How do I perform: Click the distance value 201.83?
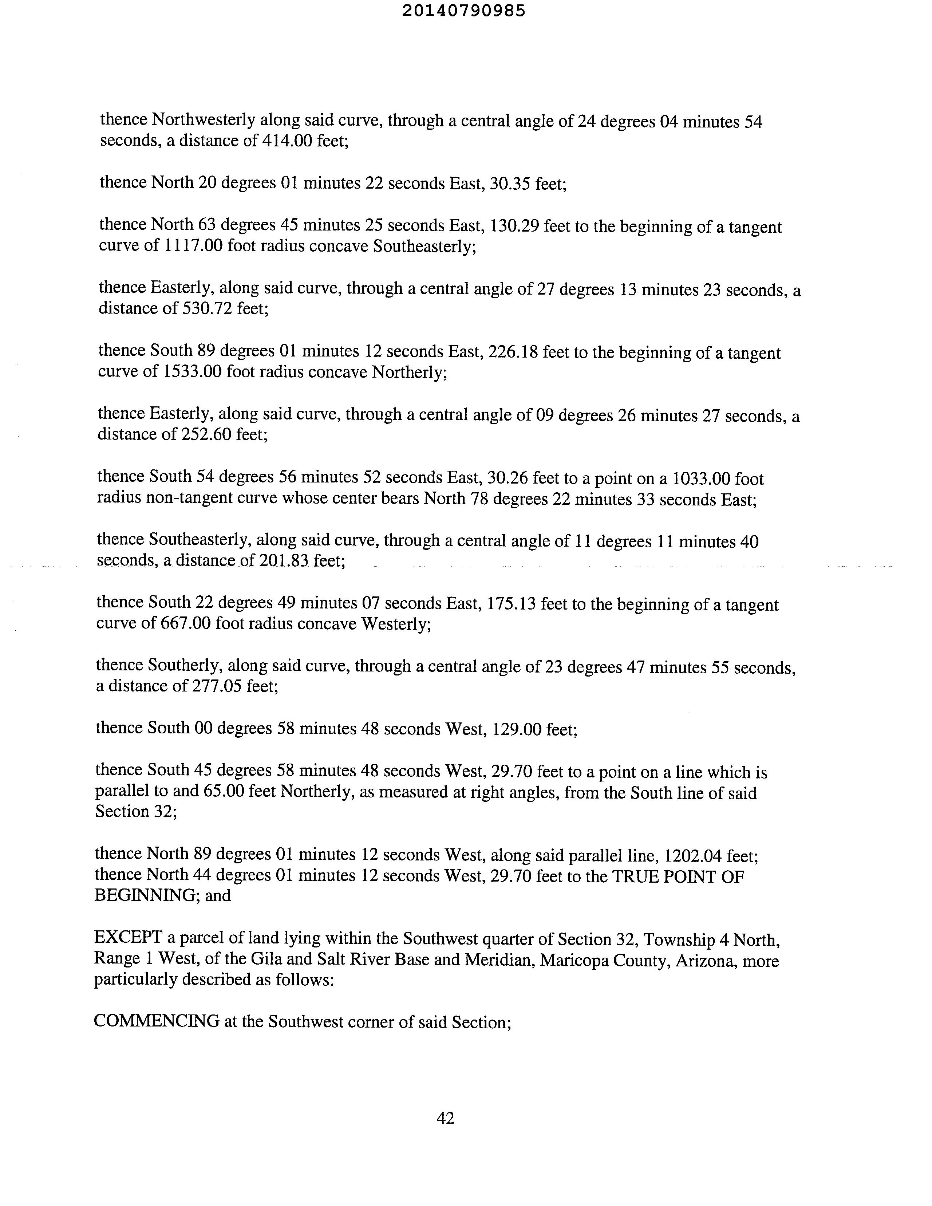tap(283, 561)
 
